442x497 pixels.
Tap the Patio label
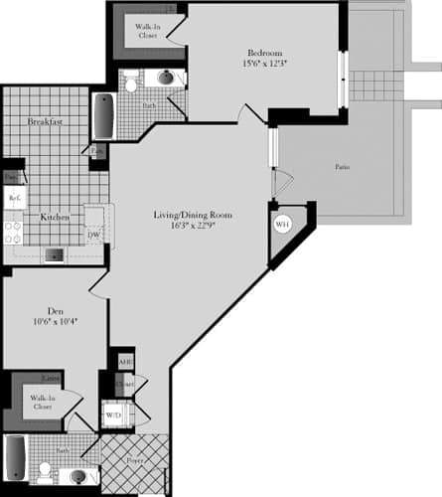click(342, 167)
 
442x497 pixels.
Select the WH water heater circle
click(281, 225)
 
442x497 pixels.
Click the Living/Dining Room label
click(193, 216)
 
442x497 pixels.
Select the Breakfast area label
click(46, 121)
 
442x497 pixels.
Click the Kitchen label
click(54, 217)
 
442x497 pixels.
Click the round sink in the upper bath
click(165, 79)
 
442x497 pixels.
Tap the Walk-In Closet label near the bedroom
click(140, 30)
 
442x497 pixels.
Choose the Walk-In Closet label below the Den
click(42, 403)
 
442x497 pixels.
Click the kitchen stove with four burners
click(14, 233)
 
